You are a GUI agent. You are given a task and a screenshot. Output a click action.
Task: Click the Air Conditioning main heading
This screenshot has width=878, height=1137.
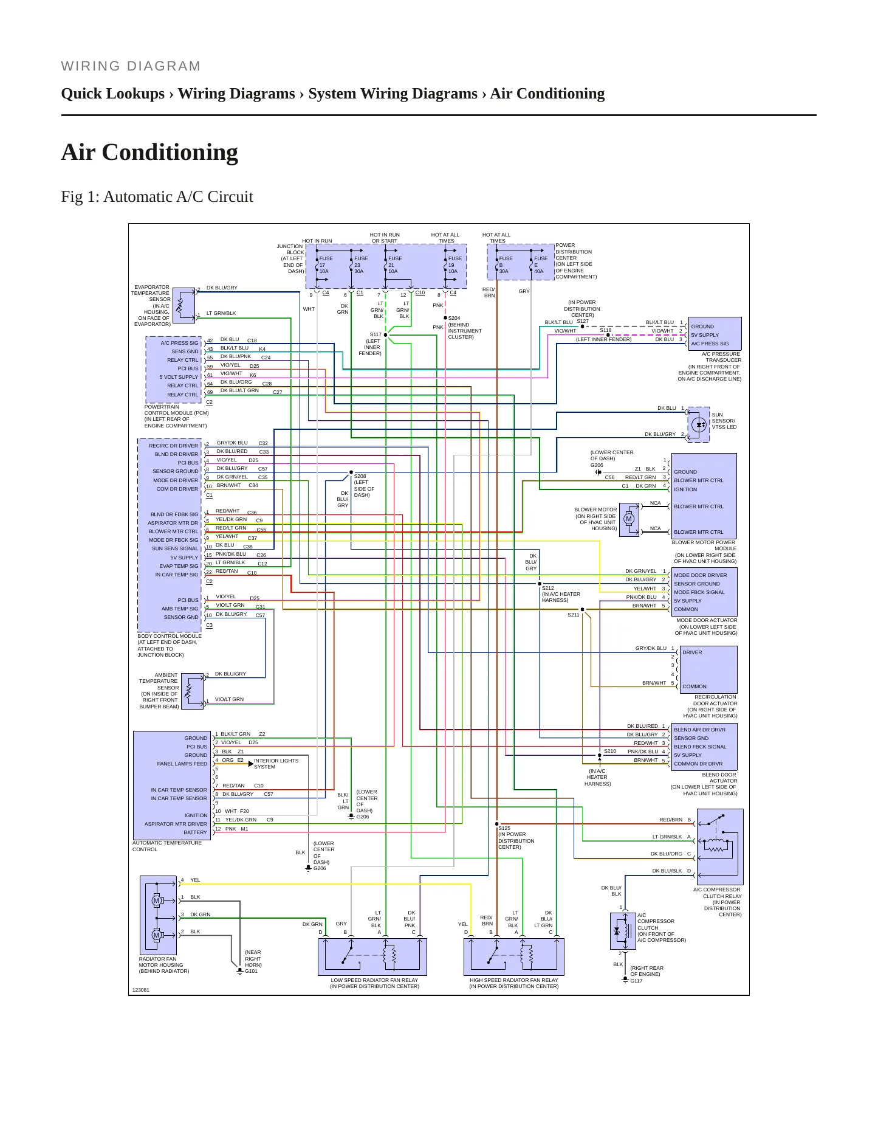click(x=149, y=152)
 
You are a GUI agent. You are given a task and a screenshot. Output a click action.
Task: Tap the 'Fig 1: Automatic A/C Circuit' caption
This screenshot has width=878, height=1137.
click(x=157, y=197)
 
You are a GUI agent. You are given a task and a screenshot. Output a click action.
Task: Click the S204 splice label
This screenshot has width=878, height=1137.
click(x=454, y=318)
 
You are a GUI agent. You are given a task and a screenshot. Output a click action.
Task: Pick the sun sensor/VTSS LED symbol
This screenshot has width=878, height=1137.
click(x=699, y=424)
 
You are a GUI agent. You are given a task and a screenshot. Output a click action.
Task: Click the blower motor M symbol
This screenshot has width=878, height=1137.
click(x=629, y=519)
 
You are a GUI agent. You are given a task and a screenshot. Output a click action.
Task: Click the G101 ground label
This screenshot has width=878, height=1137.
click(x=251, y=971)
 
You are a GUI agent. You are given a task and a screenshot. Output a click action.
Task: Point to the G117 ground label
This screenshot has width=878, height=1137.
click(x=636, y=981)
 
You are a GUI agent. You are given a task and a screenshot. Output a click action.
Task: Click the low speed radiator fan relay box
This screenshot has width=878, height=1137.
click(x=372, y=957)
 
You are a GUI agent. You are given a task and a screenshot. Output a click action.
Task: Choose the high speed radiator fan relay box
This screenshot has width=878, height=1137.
click(x=514, y=957)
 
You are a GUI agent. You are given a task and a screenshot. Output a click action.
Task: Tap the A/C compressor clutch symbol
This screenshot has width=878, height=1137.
click(x=623, y=931)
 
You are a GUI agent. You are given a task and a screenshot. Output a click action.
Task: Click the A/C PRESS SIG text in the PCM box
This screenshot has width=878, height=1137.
click(x=179, y=343)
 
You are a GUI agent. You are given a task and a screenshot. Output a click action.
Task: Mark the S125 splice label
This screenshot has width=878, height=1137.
click(x=504, y=828)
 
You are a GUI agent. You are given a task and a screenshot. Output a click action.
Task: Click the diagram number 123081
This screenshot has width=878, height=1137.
click(x=141, y=990)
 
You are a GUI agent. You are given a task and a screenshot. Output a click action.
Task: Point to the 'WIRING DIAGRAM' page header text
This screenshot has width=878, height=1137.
click(x=131, y=66)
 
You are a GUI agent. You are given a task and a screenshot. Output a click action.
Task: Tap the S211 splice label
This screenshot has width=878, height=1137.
click(x=574, y=615)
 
